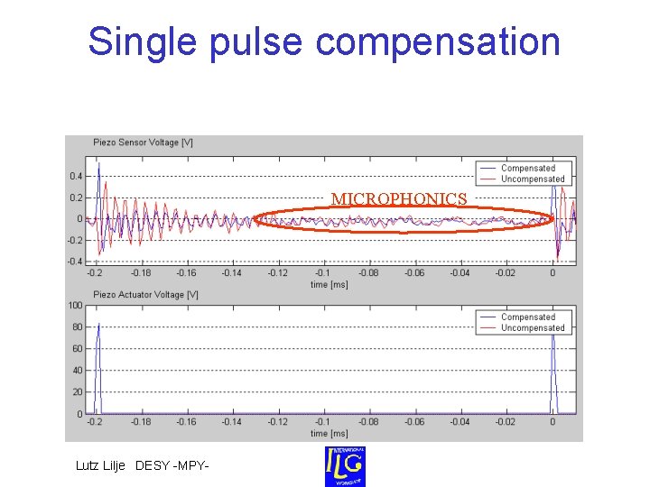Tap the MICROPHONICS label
point(398,199)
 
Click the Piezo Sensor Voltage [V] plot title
point(143,142)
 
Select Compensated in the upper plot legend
point(527,169)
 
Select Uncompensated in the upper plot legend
point(533,179)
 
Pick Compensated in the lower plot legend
point(527,317)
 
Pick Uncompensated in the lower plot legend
point(533,328)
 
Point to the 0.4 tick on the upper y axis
point(77,176)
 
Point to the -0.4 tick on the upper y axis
point(75,262)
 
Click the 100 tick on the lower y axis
point(75,306)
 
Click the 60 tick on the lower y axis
point(77,349)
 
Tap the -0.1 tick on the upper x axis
point(322,273)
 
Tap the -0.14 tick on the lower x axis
point(231,422)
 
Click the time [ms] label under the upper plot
point(330,284)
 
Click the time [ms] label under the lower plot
point(330,433)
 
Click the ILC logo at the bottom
point(345,466)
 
